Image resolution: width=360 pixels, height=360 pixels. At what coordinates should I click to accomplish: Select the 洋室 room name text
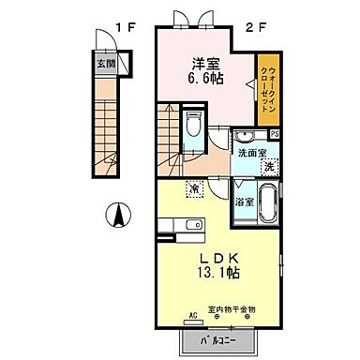(x=206, y=65)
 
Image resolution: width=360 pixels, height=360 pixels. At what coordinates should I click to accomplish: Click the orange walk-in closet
(x=266, y=89)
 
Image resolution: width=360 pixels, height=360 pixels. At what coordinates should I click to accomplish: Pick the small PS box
(x=273, y=133)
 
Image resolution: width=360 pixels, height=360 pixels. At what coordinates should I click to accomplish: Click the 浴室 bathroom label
(x=243, y=201)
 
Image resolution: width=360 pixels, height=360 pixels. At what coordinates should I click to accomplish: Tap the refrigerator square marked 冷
(x=193, y=190)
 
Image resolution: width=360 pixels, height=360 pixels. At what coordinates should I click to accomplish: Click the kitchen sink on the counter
(x=194, y=225)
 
